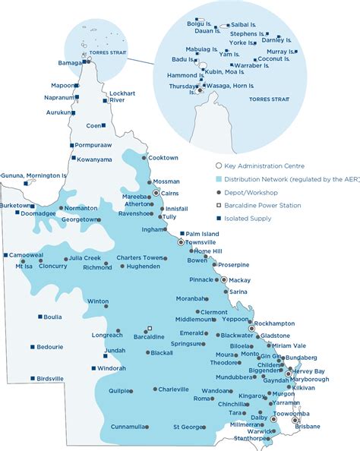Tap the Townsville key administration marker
[181, 242]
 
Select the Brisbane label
[308, 427]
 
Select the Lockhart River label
[122, 96]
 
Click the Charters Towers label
[141, 257]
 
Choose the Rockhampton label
[277, 323]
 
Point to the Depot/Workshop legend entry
[249, 192]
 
